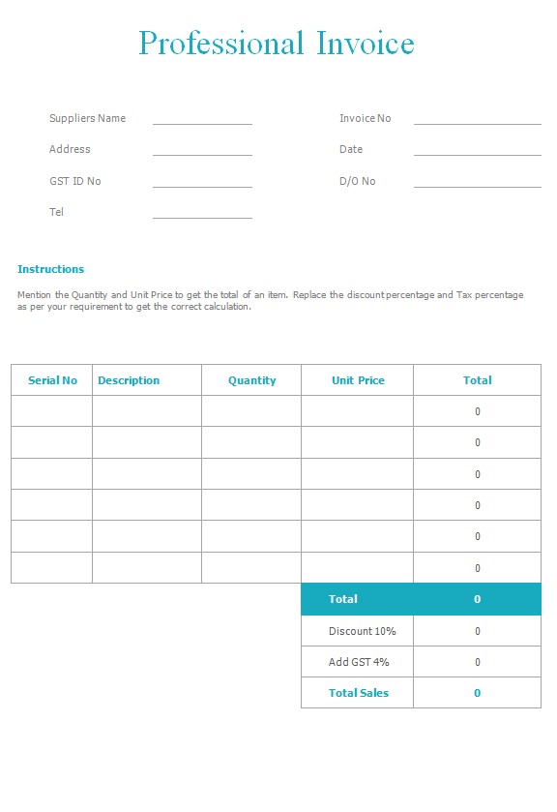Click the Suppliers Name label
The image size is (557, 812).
(x=87, y=118)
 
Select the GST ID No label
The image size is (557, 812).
(x=74, y=181)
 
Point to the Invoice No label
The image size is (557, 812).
(x=365, y=118)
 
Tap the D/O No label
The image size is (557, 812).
(x=357, y=181)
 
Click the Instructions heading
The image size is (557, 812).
(x=50, y=269)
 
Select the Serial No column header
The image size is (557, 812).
(x=52, y=380)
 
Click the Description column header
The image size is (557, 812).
(x=129, y=380)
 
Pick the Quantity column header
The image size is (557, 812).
(x=251, y=380)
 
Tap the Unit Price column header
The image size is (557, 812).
(x=358, y=380)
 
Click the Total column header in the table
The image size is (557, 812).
(x=477, y=380)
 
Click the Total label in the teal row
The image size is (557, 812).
(x=342, y=599)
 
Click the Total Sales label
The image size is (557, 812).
(x=358, y=693)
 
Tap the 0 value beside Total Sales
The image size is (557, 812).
(x=477, y=693)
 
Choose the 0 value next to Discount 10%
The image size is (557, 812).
(x=477, y=631)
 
